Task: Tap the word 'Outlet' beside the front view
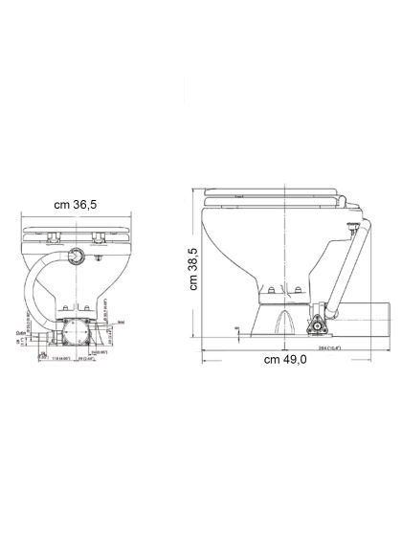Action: (21, 334)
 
